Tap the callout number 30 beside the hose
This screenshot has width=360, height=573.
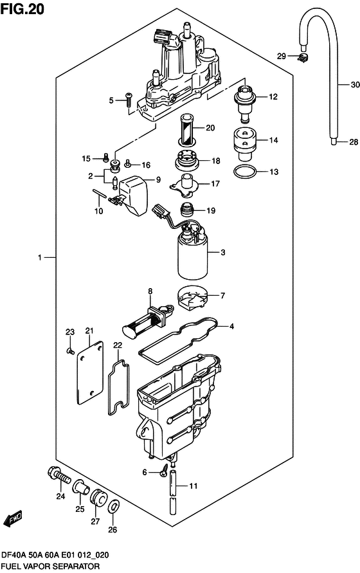(355, 84)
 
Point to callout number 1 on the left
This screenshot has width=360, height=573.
(39, 258)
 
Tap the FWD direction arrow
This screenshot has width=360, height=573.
(13, 520)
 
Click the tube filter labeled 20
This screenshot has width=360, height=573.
(186, 128)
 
